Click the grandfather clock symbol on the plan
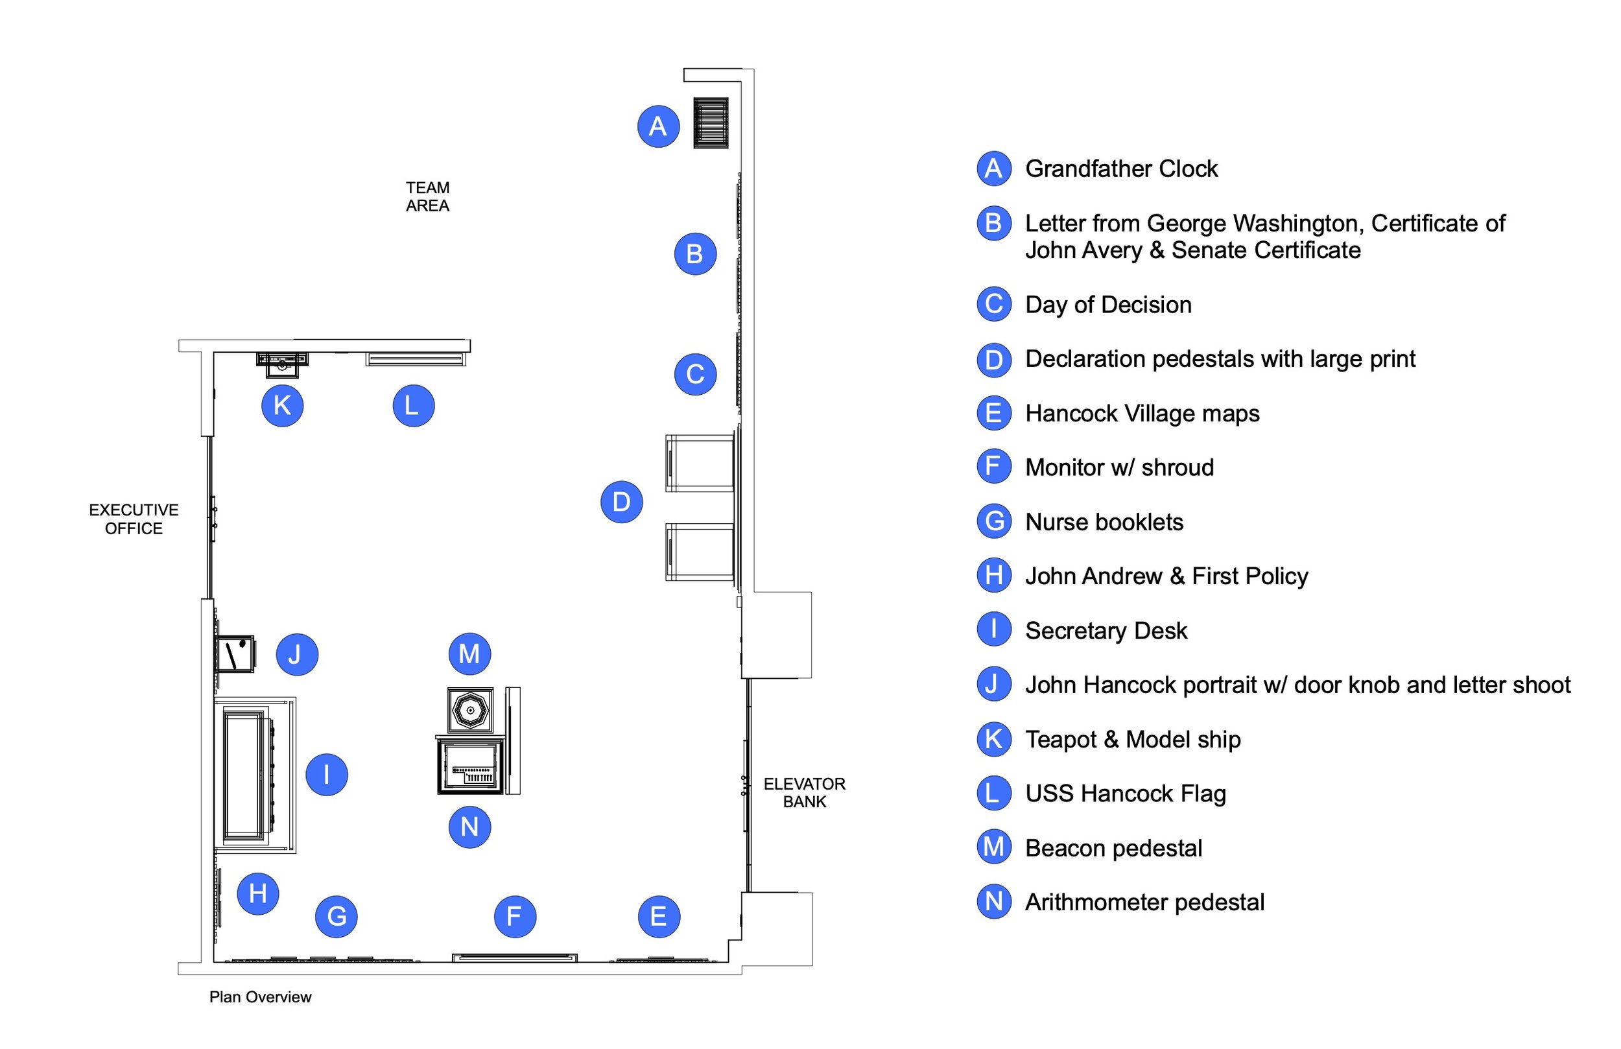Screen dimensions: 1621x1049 tap(711, 123)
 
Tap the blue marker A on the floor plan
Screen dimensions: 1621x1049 tap(658, 126)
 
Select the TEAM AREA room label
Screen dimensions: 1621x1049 tap(428, 197)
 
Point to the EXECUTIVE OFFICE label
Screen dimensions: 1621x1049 tap(134, 519)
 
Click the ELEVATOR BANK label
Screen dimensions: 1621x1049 tap(805, 793)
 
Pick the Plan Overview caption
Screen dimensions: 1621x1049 tap(260, 997)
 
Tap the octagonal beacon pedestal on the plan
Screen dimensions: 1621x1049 tap(470, 710)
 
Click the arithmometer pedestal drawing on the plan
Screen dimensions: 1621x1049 tap(471, 766)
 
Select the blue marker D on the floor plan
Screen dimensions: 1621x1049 tap(621, 502)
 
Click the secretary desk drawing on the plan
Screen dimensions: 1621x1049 tap(255, 775)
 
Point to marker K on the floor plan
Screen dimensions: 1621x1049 tap(282, 406)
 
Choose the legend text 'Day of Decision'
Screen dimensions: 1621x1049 tap(1108, 305)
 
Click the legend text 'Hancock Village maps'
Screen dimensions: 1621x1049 tap(1142, 414)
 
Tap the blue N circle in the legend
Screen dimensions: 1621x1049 tap(994, 902)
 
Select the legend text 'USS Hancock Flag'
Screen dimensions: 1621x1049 tap(1125, 794)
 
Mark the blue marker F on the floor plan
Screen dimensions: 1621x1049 tap(515, 916)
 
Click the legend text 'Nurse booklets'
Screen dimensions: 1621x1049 tap(1104, 523)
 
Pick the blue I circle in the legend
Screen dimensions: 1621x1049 tap(994, 630)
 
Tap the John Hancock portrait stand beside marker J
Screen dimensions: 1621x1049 tap(235, 654)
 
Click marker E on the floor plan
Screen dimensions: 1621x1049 tap(659, 916)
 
